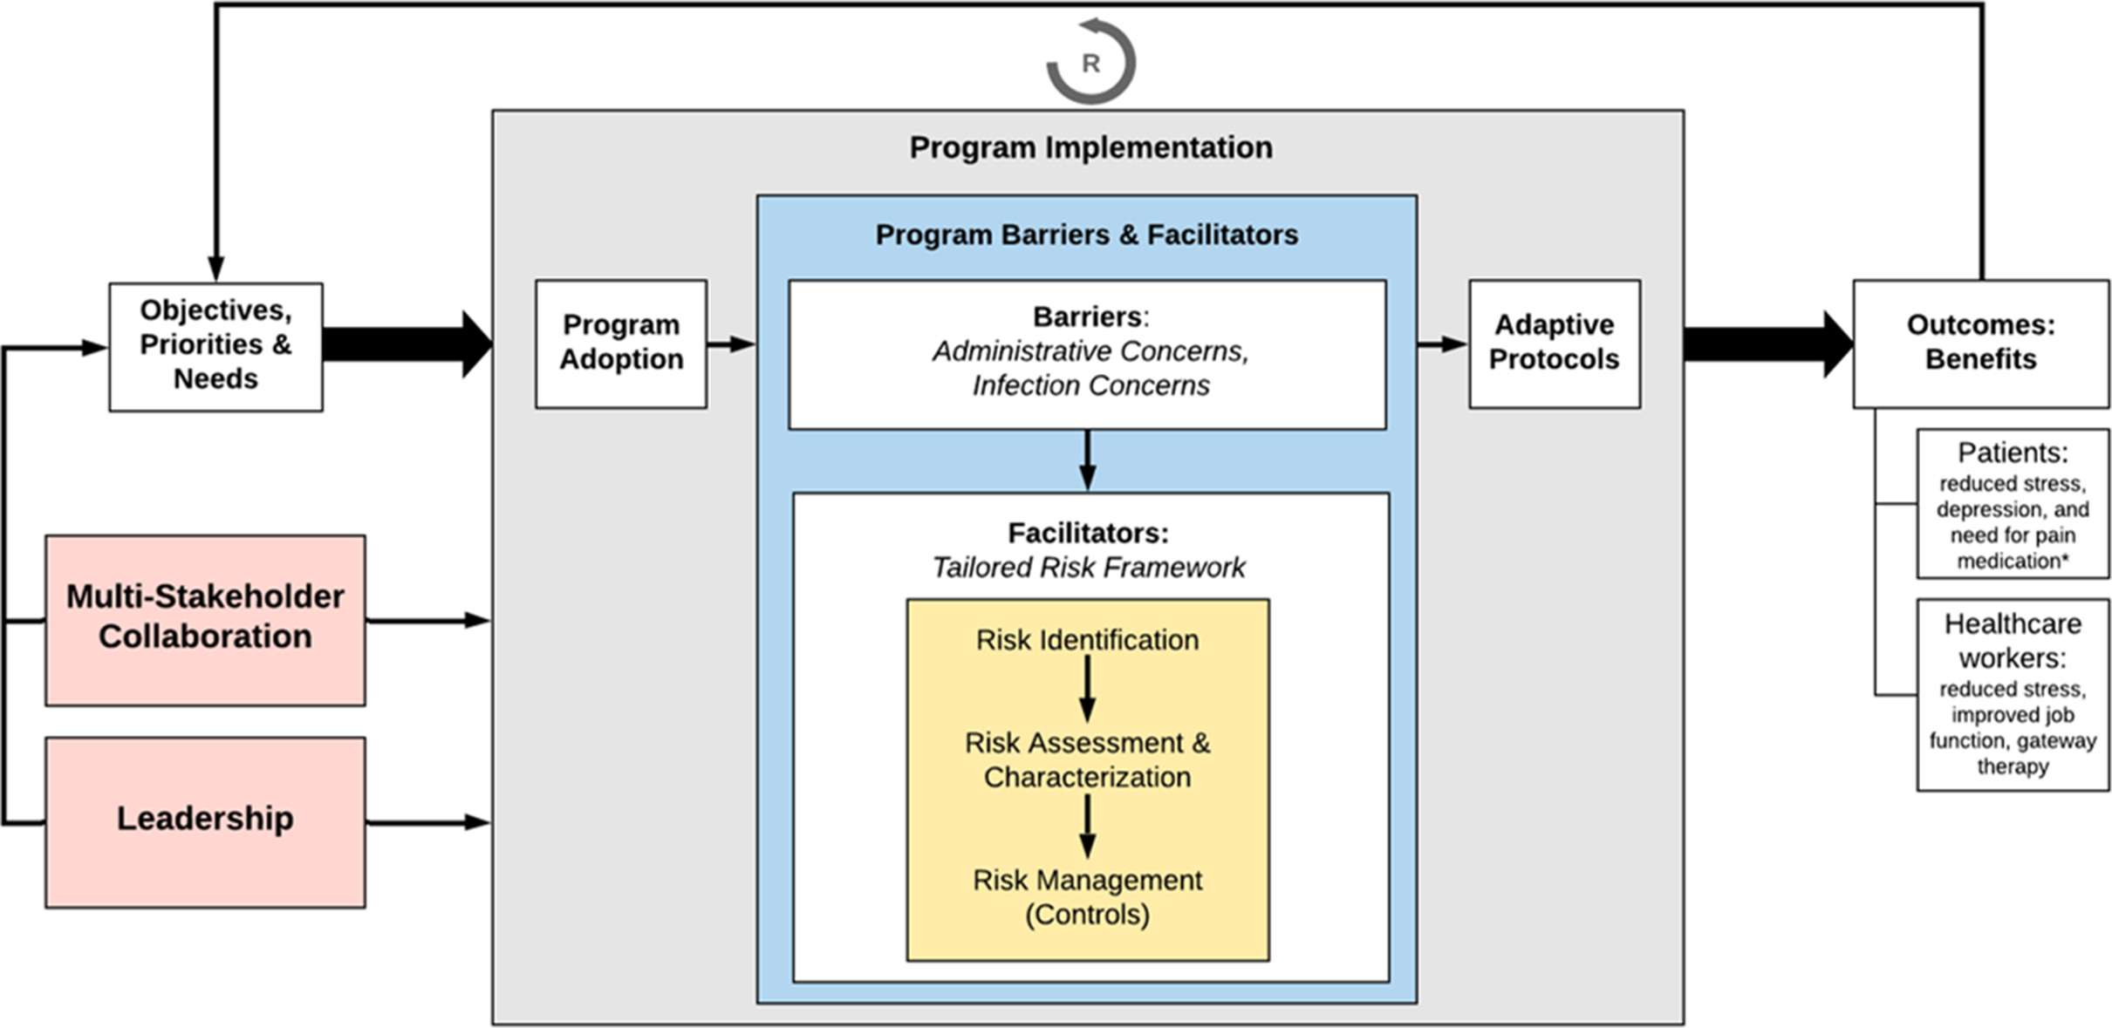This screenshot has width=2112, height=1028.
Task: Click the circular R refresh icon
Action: click(1090, 62)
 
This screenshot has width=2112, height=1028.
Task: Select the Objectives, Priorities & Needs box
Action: click(215, 345)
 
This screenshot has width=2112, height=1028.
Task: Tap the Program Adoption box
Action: click(621, 343)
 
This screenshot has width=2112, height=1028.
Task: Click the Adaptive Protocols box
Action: click(1554, 343)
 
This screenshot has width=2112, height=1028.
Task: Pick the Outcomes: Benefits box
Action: click(1980, 343)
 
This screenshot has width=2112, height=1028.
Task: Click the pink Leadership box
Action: click(205, 820)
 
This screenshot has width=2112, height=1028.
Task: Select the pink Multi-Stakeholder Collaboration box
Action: click(205, 618)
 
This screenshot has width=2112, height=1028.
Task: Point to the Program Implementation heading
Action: click(1090, 147)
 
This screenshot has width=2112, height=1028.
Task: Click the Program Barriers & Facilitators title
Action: click(1086, 235)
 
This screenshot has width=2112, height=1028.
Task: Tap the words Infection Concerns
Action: click(1090, 385)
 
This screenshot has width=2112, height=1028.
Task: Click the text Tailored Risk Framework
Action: click(1088, 568)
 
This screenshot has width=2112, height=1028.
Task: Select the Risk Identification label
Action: click(1087, 640)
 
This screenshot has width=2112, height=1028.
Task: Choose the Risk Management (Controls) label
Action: click(1087, 897)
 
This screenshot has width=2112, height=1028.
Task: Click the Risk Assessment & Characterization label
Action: click(1087, 759)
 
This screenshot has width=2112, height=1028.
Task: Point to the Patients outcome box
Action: click(2012, 504)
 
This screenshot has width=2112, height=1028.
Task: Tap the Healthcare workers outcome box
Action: click(2012, 694)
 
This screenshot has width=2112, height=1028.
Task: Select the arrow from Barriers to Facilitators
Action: click(1087, 460)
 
